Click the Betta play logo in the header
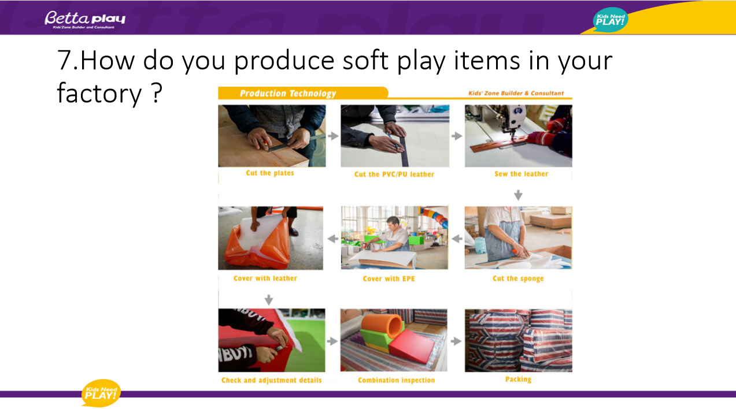[85, 20]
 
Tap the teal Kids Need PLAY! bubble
[610, 20]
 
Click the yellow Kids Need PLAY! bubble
[101, 393]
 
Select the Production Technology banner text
[288, 94]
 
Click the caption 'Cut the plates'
[270, 173]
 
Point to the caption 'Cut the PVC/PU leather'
[394, 174]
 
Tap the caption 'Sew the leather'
[521, 174]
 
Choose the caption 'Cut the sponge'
[518, 278]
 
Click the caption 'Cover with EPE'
[389, 278]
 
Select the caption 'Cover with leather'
[265, 278]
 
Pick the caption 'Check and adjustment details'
[271, 380]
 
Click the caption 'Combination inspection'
[396, 380]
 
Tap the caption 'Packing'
[518, 380]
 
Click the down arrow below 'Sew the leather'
[518, 195]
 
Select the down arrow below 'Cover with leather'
[269, 300]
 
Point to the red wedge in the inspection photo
[412, 346]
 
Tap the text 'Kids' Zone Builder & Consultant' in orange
[516, 93]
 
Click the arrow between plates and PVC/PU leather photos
[333, 136]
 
